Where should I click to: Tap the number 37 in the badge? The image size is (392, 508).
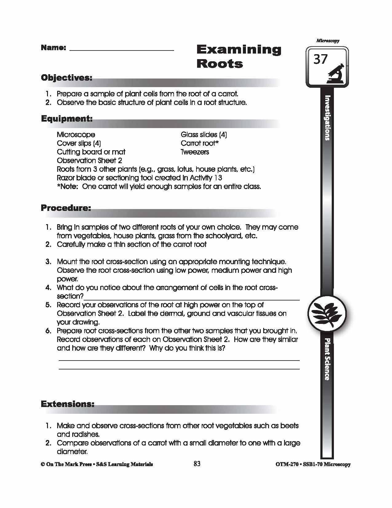click(x=321, y=59)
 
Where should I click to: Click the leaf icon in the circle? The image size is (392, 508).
click(x=327, y=313)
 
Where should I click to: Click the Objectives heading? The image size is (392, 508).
click(x=66, y=78)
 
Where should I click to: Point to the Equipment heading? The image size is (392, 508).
click(x=67, y=119)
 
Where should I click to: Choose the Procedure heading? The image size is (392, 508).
click(x=66, y=208)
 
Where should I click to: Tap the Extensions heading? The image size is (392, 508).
click(x=67, y=404)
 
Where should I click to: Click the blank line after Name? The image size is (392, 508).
click(x=121, y=49)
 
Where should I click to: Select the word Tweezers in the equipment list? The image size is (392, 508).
click(x=195, y=152)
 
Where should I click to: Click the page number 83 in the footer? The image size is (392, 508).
click(x=197, y=464)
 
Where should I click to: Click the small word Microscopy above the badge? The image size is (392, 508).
click(x=327, y=41)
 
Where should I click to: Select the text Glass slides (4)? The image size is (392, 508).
click(x=204, y=135)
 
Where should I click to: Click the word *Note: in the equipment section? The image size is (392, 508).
click(x=68, y=187)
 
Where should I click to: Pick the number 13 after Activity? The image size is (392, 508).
click(x=218, y=178)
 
